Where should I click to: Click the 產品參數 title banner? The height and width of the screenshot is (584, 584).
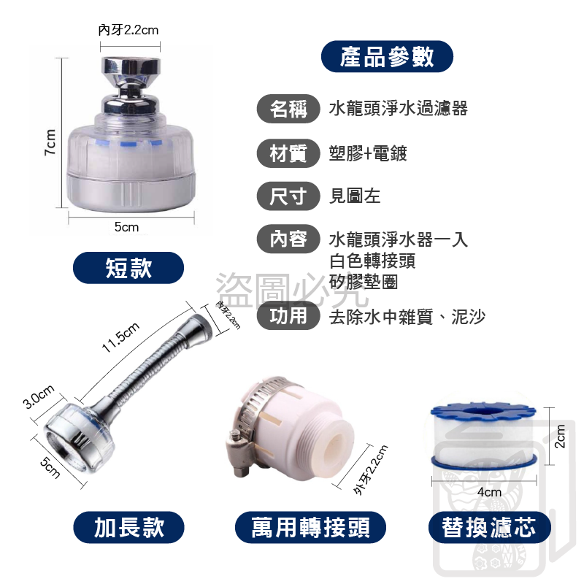pyautogui.click(x=387, y=57)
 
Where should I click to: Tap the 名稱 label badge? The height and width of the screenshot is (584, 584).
pyautogui.click(x=288, y=109)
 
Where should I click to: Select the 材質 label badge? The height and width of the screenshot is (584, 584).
pyautogui.click(x=288, y=153)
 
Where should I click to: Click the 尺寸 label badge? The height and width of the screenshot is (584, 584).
pyautogui.click(x=288, y=196)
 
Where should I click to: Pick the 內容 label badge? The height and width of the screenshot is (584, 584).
pyautogui.click(x=288, y=239)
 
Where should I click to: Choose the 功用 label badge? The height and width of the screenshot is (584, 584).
pyautogui.click(x=288, y=316)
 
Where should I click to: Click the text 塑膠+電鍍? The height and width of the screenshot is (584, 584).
pyautogui.click(x=368, y=153)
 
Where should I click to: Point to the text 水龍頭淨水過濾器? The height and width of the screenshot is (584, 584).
pyautogui.click(x=398, y=109)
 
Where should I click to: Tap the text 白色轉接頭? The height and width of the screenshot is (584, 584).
pyautogui.click(x=372, y=261)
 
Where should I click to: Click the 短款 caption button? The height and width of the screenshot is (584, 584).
pyautogui.click(x=128, y=267)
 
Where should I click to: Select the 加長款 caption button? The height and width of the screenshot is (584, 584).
pyautogui.click(x=129, y=526)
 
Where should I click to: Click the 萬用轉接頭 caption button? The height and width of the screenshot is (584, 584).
pyautogui.click(x=310, y=526)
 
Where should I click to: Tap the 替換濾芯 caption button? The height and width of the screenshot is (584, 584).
pyautogui.click(x=488, y=526)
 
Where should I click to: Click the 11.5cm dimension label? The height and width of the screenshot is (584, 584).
pyautogui.click(x=120, y=338)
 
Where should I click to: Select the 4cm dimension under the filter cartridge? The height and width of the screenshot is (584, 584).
pyautogui.click(x=489, y=492)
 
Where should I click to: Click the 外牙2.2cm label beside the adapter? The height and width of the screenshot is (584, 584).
pyautogui.click(x=372, y=471)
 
